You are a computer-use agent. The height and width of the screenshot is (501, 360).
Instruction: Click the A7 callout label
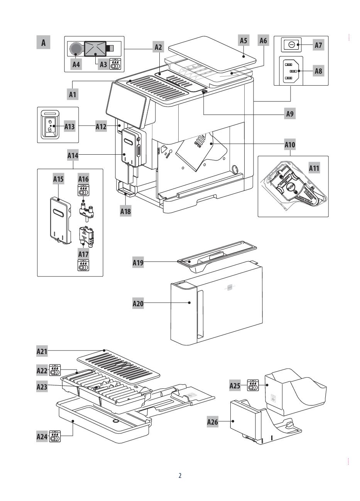point(318,45)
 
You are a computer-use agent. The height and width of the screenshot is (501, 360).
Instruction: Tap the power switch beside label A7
point(292,45)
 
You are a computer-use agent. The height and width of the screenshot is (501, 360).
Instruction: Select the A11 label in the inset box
point(314,168)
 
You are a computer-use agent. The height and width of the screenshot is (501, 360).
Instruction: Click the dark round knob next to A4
point(76,48)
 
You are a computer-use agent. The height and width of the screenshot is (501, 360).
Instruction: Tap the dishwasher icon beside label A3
point(115,64)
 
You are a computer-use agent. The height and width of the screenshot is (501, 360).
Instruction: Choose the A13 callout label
point(69,126)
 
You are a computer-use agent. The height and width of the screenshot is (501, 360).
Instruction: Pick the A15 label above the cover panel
point(58,179)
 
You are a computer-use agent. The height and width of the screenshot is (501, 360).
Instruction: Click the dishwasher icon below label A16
point(84,191)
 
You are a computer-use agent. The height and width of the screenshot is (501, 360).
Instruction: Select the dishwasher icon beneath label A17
point(84,265)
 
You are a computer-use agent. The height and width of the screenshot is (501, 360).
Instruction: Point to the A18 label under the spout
point(126,211)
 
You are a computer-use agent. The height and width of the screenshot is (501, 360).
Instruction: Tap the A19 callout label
point(138,263)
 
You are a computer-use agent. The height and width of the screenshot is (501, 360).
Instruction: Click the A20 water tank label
point(138,304)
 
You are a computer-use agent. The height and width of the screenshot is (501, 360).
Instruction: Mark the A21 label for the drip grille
point(42,351)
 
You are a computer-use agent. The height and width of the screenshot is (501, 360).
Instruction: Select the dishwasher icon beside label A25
point(253,385)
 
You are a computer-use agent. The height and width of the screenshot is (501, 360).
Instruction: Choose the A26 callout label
point(213,422)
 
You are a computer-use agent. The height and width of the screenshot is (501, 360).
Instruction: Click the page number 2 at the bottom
point(180,476)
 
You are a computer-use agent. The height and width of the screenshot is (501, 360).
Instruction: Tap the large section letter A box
point(44,42)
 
